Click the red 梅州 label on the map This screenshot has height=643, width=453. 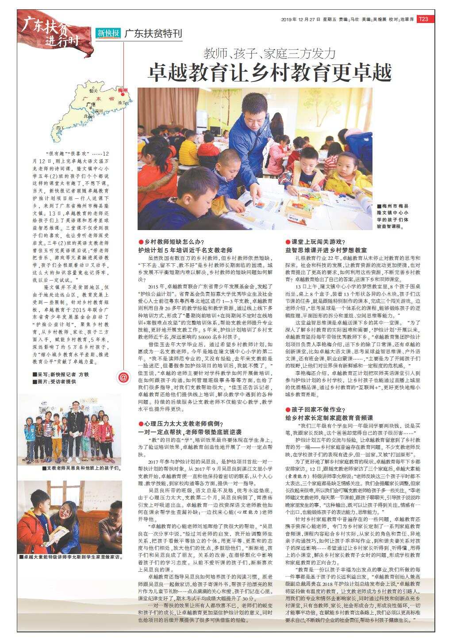pos(123,90)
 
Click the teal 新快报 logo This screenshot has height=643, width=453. pos(108,33)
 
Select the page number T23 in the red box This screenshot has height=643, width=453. pos(423,19)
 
